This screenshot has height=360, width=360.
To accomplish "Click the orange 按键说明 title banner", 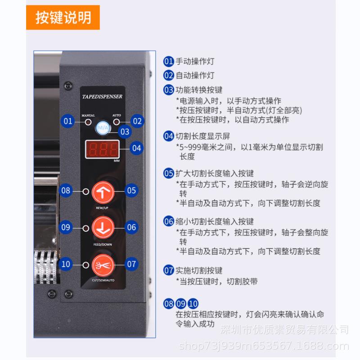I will [63, 18].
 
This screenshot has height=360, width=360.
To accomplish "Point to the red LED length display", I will [102, 149].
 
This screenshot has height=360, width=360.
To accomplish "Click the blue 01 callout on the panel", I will [68, 121].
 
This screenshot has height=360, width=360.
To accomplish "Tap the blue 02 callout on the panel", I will [137, 121].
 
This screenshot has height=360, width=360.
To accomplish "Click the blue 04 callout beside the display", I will [137, 147].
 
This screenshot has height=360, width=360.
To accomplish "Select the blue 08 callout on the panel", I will [66, 191].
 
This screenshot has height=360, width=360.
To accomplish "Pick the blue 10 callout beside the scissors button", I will [66, 264].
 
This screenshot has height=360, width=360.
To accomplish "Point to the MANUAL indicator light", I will [88, 121].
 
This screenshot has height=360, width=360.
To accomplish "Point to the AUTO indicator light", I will [117, 121].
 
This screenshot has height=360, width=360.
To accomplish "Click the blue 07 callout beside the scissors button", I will [131, 264].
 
